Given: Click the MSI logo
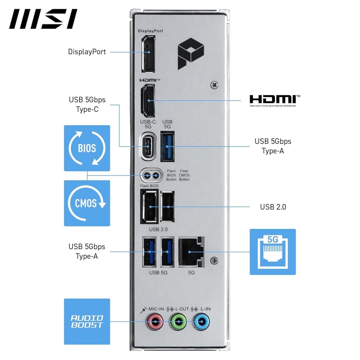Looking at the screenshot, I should (43, 19).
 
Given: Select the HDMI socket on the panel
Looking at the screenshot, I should (148, 100).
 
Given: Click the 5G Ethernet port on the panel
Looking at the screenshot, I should (191, 251).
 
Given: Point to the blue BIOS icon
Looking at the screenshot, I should (87, 148).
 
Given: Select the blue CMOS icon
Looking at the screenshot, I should (87, 203).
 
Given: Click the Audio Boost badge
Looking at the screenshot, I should (87, 321).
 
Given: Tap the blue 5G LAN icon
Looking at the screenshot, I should (273, 252).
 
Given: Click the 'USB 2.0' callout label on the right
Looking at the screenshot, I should (273, 207).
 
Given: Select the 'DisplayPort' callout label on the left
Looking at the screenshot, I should (87, 52).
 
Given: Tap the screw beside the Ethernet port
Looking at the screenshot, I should (215, 260).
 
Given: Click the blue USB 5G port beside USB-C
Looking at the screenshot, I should (167, 147).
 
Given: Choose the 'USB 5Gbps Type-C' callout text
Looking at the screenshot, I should (87, 104).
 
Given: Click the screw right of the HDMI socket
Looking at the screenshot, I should (215, 85).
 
